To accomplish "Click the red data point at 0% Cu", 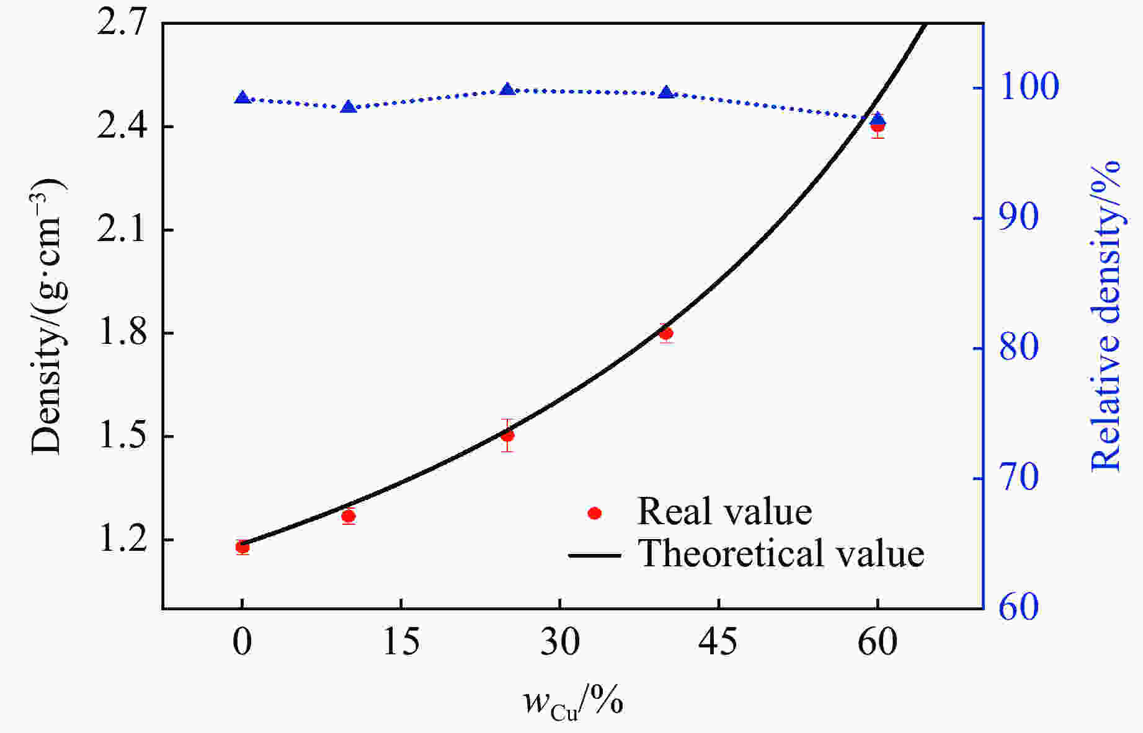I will [242, 546].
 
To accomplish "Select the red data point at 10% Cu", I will [349, 516].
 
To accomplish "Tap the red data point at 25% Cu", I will [507, 435].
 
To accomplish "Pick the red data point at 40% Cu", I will [666, 333].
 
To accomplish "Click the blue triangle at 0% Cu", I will [242, 98].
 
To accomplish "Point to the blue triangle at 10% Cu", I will [349, 107].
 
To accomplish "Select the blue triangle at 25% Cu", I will [507, 90].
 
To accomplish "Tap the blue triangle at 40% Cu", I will [666, 93].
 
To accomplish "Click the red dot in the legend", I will [595, 513].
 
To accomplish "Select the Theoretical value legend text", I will [781, 553].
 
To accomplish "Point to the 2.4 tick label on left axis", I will [122, 127].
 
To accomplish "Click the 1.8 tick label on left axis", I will [122, 333].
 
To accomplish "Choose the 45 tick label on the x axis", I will [718, 642].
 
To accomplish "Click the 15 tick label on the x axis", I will [401, 642].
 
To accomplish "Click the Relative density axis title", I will [1107, 316].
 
